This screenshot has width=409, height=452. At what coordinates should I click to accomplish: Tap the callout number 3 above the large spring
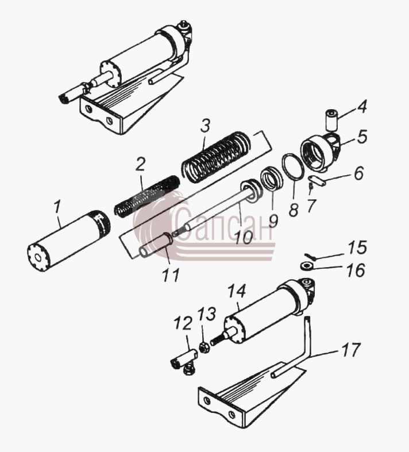(x=205, y=126)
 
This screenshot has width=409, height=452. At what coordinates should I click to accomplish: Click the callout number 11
(x=171, y=275)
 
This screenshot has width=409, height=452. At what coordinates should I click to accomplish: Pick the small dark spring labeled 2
(x=147, y=196)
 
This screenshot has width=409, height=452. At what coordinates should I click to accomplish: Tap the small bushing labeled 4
(x=332, y=119)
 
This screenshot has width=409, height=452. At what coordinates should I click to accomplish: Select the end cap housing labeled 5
(x=320, y=153)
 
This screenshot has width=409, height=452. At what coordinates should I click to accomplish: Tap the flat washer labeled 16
(x=307, y=265)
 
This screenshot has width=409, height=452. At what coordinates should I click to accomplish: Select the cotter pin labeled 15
(x=310, y=256)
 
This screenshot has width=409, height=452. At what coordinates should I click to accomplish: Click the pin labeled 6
(x=318, y=181)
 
